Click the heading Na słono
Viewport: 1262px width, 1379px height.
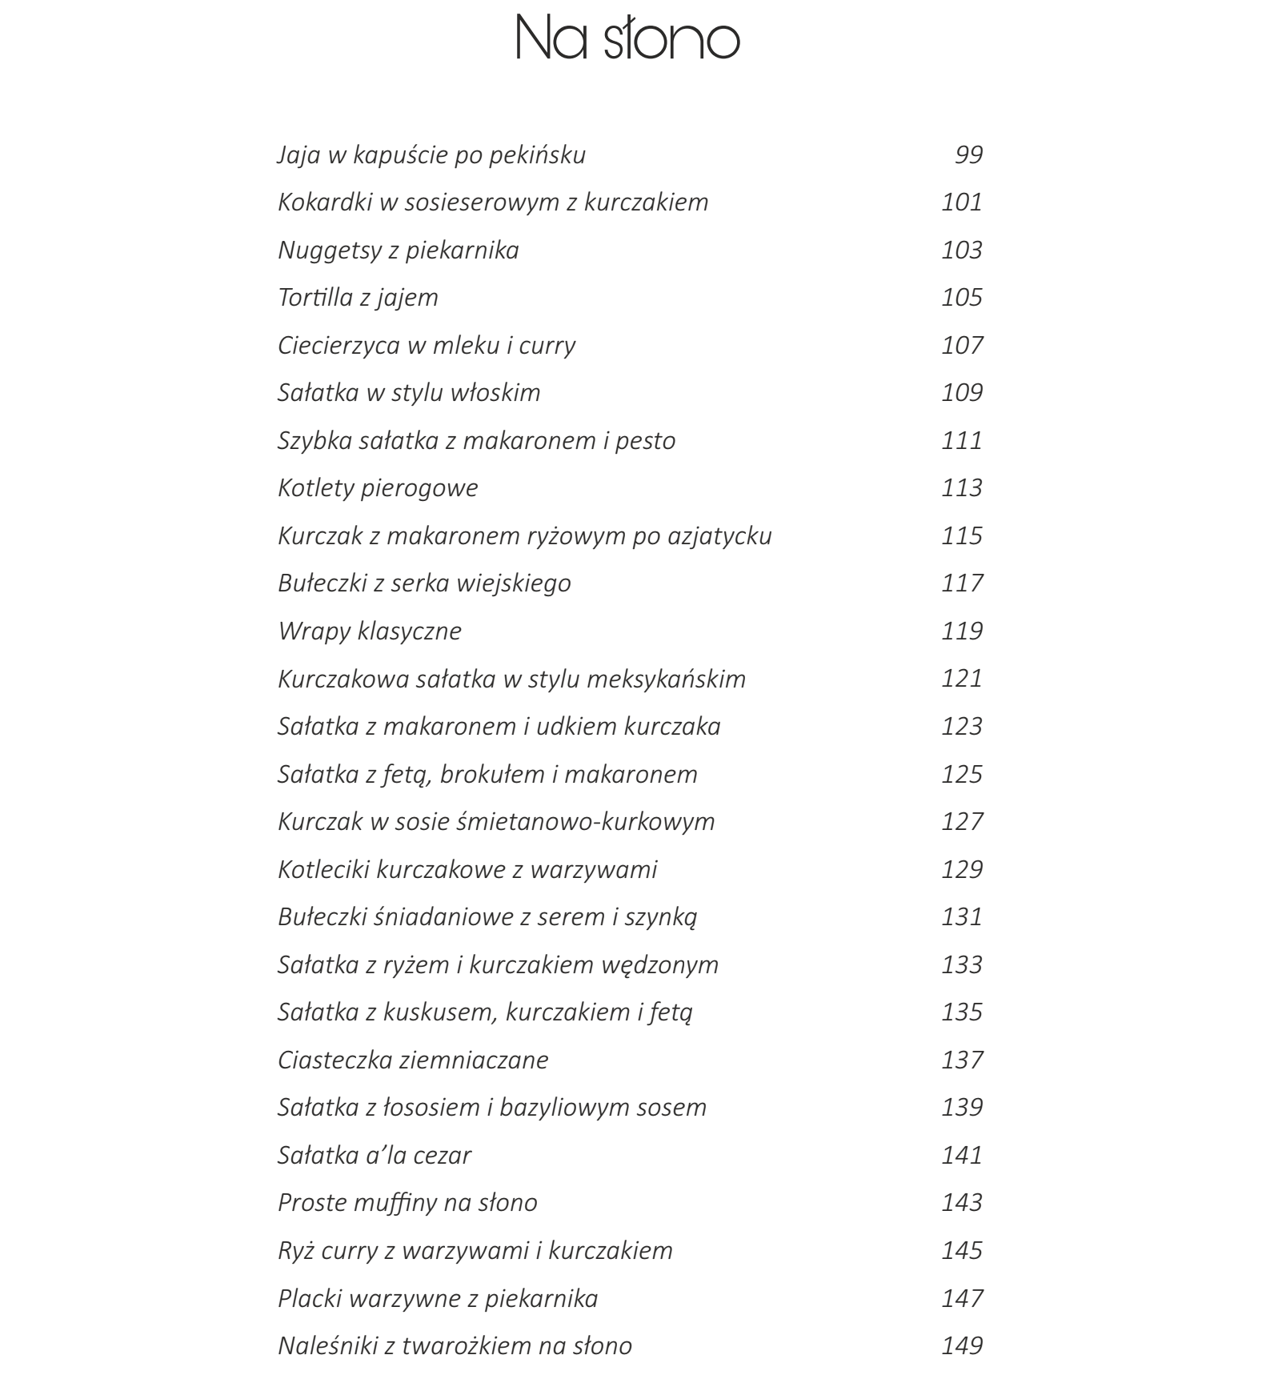point(628,38)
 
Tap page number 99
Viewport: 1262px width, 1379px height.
point(968,154)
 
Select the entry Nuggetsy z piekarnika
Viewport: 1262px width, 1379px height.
point(398,251)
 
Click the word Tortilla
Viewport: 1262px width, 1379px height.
point(313,298)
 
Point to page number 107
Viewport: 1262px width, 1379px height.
point(961,345)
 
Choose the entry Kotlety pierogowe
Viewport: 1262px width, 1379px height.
point(378,488)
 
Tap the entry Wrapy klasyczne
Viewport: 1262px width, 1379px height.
point(369,631)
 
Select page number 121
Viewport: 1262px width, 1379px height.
point(961,679)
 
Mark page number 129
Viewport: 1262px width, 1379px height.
point(961,869)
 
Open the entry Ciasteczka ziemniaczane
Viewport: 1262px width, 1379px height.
point(413,1060)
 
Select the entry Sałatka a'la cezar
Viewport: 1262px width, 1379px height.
point(374,1156)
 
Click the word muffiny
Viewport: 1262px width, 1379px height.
point(407,1203)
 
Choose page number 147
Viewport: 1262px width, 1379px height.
point(961,1298)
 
